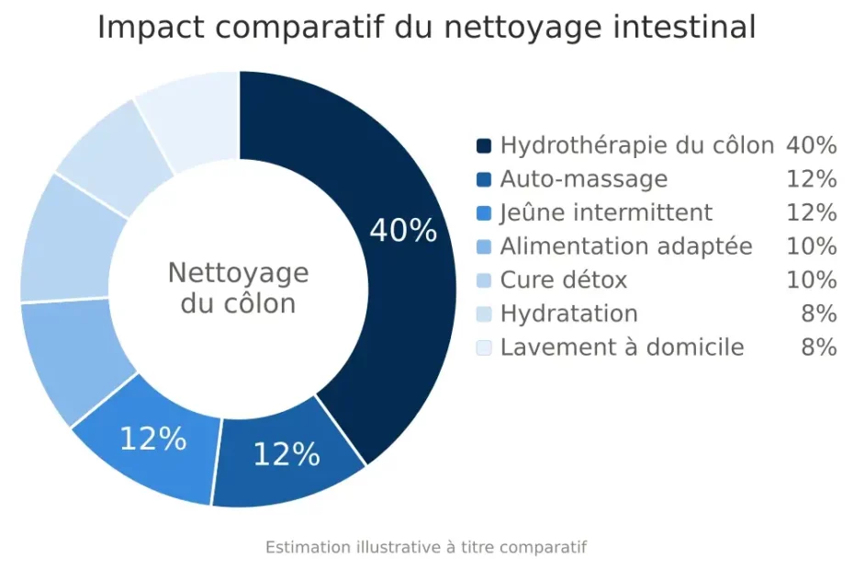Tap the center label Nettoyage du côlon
[x=238, y=288]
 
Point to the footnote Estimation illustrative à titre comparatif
[x=426, y=547]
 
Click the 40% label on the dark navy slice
[x=403, y=231]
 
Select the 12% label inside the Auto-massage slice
[x=287, y=453]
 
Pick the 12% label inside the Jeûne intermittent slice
[x=153, y=439]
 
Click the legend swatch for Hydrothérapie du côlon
[x=484, y=145]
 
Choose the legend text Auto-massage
[x=583, y=178]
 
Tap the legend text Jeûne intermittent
[x=606, y=212]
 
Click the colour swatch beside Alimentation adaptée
[x=484, y=246]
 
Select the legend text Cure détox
[x=564, y=279]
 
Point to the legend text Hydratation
[x=568, y=313]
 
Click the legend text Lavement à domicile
[x=622, y=348]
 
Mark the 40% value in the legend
[x=811, y=145]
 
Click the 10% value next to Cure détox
[x=811, y=279]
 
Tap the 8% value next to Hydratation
[x=818, y=313]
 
